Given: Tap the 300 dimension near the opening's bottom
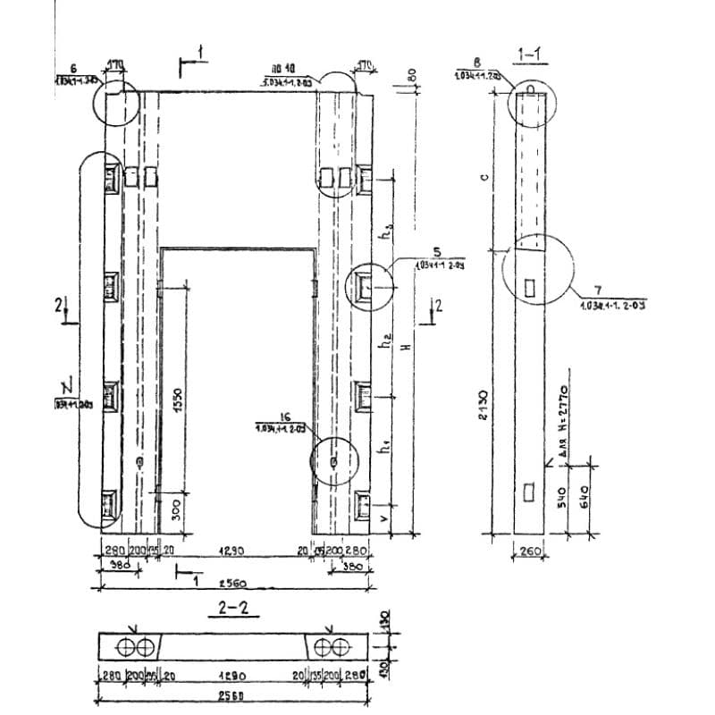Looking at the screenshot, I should [176, 510].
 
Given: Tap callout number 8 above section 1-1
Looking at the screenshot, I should [477, 63].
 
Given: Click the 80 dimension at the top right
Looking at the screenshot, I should [413, 77].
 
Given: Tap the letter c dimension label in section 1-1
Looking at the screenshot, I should [483, 176].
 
